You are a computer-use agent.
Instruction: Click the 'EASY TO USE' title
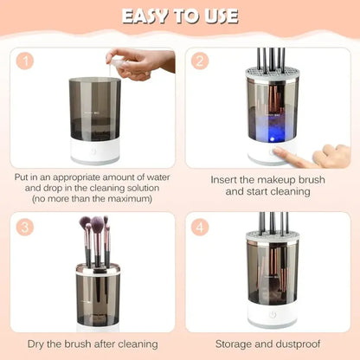point(179,17)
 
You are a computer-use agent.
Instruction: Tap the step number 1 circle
point(27,62)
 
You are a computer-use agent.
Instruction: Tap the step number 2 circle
point(201,62)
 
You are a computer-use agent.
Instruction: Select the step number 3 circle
point(27,227)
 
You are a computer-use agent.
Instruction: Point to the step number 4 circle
point(201,227)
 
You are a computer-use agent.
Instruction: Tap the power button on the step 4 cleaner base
point(273,318)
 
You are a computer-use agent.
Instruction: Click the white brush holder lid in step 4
point(273,236)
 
